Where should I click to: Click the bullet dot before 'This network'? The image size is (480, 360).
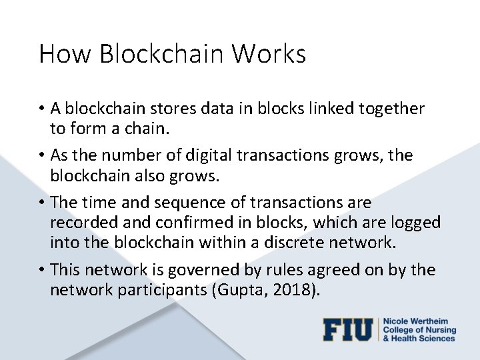[x=42, y=270]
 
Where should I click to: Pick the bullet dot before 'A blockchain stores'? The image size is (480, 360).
[x=42, y=108]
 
